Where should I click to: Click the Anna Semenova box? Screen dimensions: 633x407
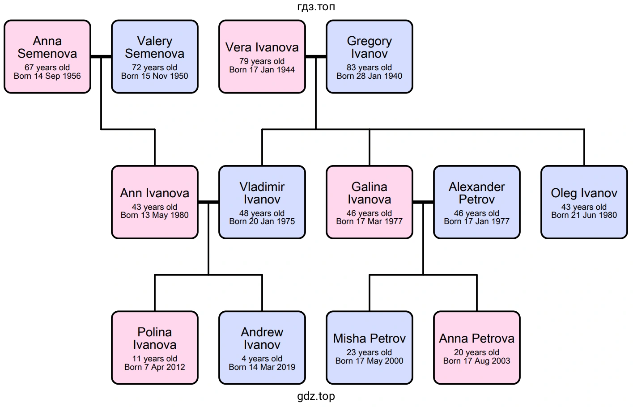pyautogui.click(x=47, y=56)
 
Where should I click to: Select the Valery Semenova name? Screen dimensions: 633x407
pyautogui.click(x=155, y=47)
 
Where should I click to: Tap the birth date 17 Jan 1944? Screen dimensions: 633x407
pyautogui.click(x=262, y=70)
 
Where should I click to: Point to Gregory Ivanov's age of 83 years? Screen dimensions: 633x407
pyautogui.click(x=370, y=68)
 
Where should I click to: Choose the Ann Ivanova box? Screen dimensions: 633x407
pyautogui.click(x=155, y=202)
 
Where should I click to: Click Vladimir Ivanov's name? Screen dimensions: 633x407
pyautogui.click(x=262, y=193)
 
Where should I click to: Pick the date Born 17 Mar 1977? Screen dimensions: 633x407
pyautogui.click(x=370, y=221)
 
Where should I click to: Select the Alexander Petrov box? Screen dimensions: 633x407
pyautogui.click(x=477, y=202)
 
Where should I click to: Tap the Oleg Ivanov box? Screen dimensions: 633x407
pyautogui.click(x=584, y=202)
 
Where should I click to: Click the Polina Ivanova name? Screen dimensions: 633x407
pyautogui.click(x=155, y=339)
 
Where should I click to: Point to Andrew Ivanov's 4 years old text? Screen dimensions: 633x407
pyautogui.click(x=262, y=359)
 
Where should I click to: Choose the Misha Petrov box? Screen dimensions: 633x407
pyautogui.click(x=370, y=348)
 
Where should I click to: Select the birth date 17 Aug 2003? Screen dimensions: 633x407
pyautogui.click(x=477, y=361)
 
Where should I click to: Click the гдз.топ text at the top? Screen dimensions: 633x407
pyautogui.click(x=316, y=7)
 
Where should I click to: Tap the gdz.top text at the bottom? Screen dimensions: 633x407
pyautogui.click(x=316, y=396)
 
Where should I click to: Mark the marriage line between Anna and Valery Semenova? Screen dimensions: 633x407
pyautogui.click(x=101, y=57)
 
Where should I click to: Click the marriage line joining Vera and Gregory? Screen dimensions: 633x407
pyautogui.click(x=316, y=57)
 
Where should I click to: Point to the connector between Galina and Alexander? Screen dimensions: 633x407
pyautogui.click(x=423, y=202)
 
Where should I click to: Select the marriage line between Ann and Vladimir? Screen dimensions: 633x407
pyautogui.click(x=208, y=202)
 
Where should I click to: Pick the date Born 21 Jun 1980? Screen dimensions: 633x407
pyautogui.click(x=584, y=215)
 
